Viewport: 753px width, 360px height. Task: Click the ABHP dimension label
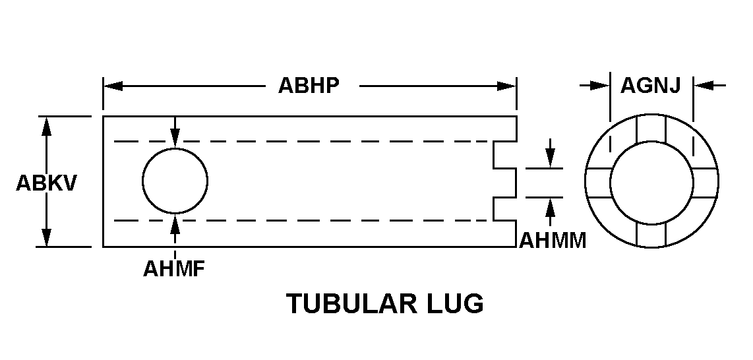pyautogui.click(x=309, y=86)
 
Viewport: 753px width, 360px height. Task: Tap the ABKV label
pyautogui.click(x=46, y=183)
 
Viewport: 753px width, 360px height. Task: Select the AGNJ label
pyautogui.click(x=651, y=85)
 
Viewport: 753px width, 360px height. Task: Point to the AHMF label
pyautogui.click(x=175, y=269)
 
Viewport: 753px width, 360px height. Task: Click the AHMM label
pyautogui.click(x=553, y=241)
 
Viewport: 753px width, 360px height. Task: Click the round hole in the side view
pyautogui.click(x=175, y=181)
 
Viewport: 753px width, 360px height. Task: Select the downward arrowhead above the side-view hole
pyautogui.click(x=175, y=138)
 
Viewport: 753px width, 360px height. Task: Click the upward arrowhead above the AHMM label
pyautogui.click(x=549, y=206)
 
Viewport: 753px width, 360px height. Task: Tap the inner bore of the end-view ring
pyautogui.click(x=651, y=183)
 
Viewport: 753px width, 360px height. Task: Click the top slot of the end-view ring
pyautogui.click(x=651, y=129)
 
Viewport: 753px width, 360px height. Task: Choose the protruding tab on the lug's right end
pyautogui.click(x=505, y=183)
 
